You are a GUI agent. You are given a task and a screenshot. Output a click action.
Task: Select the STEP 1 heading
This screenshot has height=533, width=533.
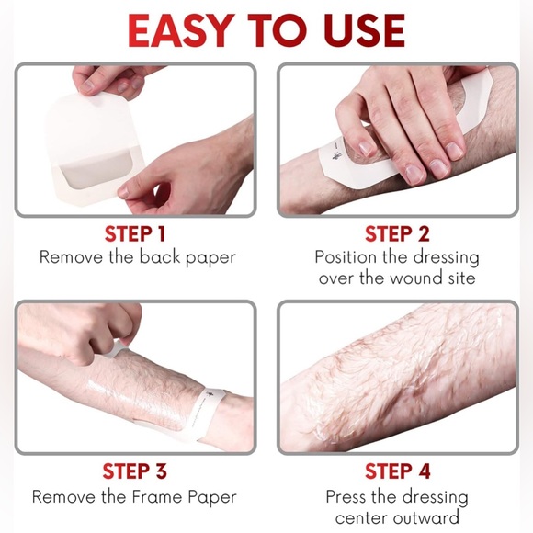(136, 233)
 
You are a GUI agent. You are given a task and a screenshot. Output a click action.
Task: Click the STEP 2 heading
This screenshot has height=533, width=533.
(397, 233)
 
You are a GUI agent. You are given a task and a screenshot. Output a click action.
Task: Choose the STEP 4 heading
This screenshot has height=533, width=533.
(397, 471)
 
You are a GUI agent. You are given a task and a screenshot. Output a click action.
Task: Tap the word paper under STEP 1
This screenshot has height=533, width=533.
(206, 258)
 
